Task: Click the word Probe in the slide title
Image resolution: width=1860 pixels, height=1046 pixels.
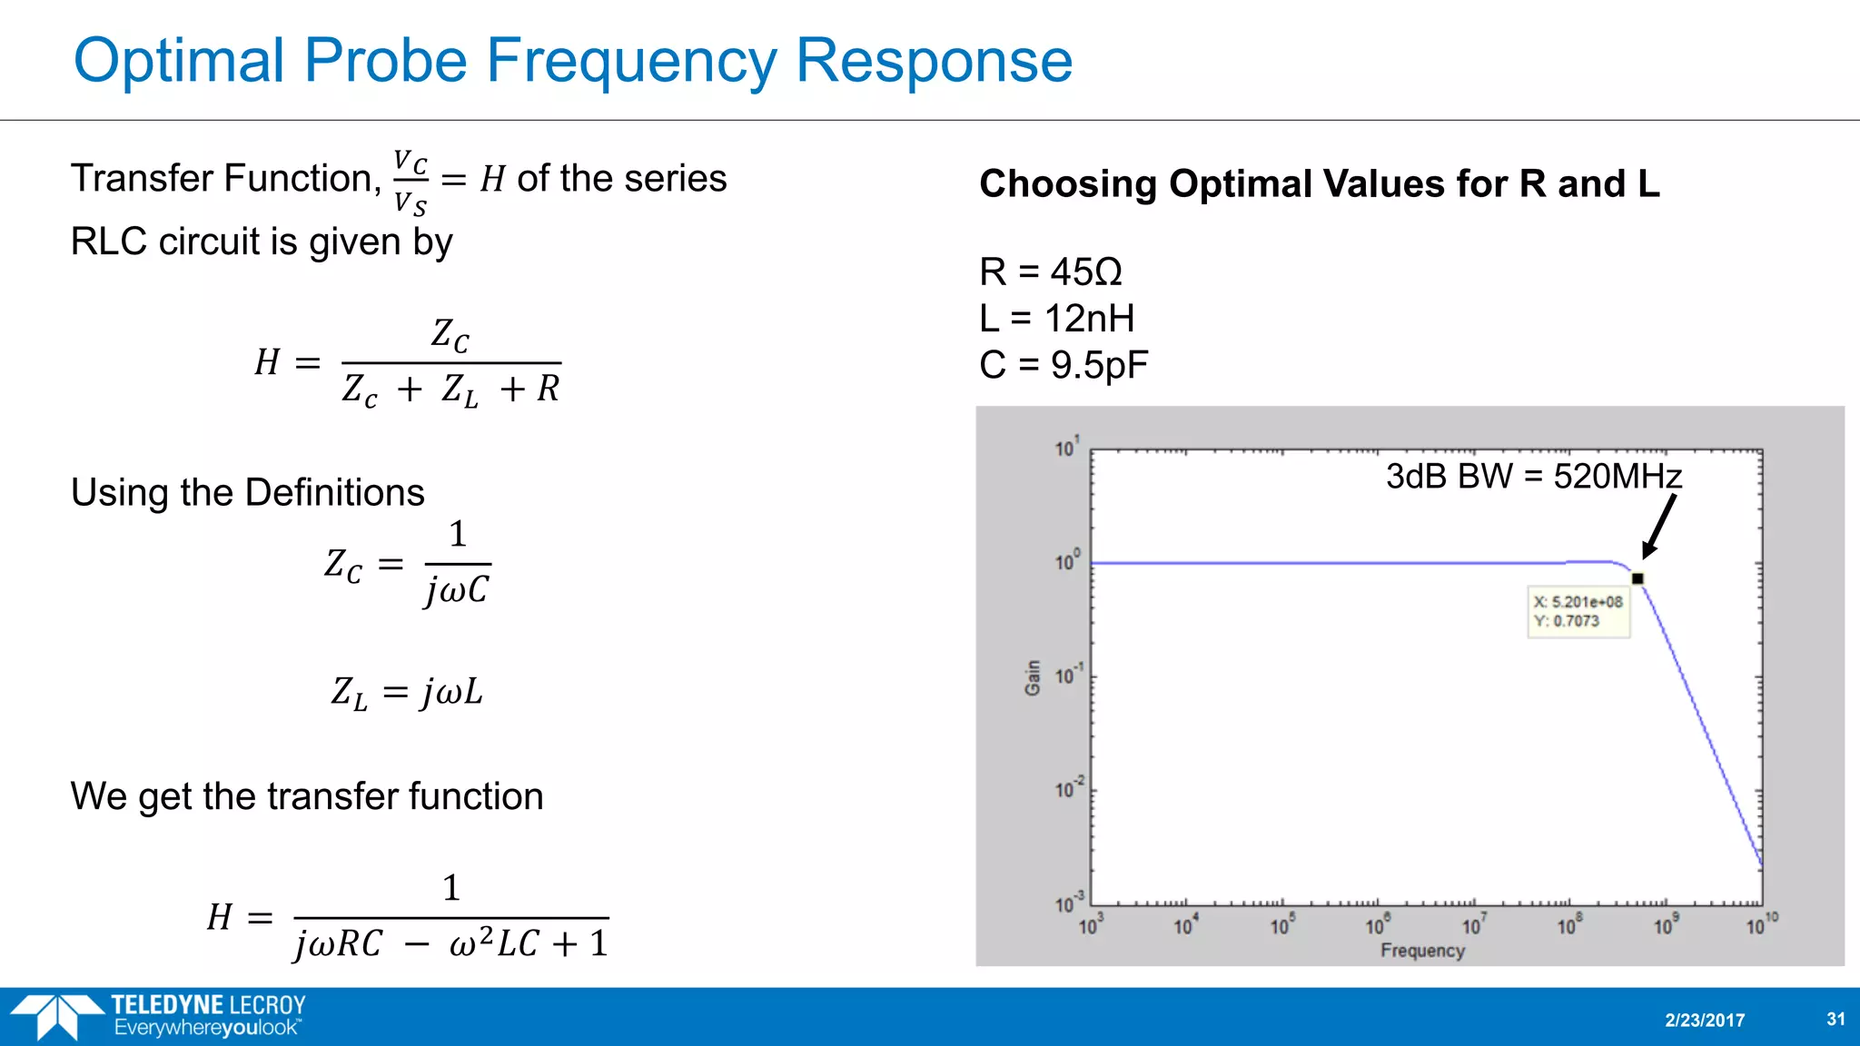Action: coord(385,62)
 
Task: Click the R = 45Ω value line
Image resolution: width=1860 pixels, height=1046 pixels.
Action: coord(1050,271)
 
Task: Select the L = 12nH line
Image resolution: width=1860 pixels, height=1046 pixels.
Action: coord(1056,319)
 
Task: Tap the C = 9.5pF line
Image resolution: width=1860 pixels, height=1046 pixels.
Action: coord(1063,365)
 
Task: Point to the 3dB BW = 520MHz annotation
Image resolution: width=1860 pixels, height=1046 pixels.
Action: coord(1533,477)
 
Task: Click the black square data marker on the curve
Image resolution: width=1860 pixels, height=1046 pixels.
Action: coord(1637,578)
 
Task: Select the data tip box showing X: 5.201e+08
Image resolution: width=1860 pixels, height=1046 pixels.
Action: coord(1578,611)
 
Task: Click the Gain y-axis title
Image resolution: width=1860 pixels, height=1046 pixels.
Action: coord(1033,677)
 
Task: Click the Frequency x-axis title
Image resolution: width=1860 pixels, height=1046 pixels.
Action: coord(1422,951)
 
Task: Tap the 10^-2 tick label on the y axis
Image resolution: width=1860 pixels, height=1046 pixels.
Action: coord(1069,788)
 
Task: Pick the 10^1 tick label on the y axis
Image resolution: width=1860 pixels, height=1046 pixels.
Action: coord(1067,447)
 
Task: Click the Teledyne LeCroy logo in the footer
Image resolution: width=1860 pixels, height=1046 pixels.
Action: coord(159,1016)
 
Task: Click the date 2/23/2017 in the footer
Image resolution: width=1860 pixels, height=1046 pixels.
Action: coord(1705,1020)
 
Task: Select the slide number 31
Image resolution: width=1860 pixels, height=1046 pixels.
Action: coord(1835,1019)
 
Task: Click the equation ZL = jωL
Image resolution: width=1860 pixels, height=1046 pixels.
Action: coord(406,693)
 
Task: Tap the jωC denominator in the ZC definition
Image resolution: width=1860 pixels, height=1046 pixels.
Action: coord(457,591)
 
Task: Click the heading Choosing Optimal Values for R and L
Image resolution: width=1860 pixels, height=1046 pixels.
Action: coord(1319,184)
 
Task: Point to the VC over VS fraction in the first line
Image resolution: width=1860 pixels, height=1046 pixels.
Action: coord(410,183)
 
